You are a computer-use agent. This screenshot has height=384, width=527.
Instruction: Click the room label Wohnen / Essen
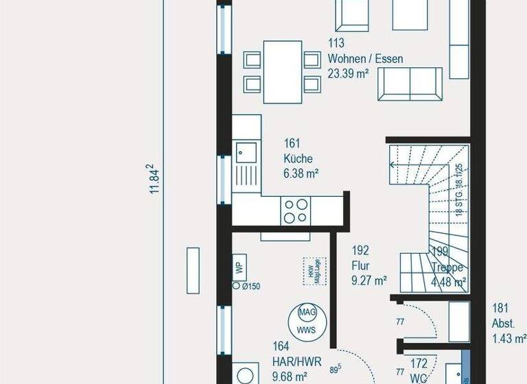tap(365, 59)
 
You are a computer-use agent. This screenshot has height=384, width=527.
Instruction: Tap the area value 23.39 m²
tap(351, 73)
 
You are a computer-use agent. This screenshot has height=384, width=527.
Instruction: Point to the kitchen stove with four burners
tap(296, 210)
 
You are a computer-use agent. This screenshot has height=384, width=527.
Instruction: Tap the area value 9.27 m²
tap(369, 280)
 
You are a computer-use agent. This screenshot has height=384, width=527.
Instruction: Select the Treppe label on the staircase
tap(447, 268)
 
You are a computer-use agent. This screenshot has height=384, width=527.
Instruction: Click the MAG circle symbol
tap(306, 312)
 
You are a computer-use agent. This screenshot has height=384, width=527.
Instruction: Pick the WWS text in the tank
tap(306, 328)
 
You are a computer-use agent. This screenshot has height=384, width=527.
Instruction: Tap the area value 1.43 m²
tap(508, 337)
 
